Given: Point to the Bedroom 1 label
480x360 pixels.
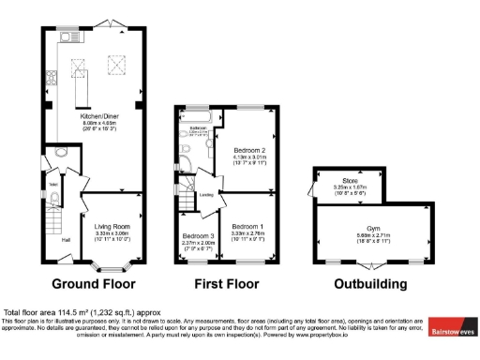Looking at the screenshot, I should (247, 226).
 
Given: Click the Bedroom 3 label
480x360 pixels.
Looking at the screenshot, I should (198, 235).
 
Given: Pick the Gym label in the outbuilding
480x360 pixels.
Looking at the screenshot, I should (361, 227).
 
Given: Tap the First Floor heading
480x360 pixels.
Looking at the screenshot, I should (227, 283).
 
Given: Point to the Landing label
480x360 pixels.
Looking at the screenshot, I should (205, 195).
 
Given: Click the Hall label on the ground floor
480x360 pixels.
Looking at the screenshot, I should (67, 240).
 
